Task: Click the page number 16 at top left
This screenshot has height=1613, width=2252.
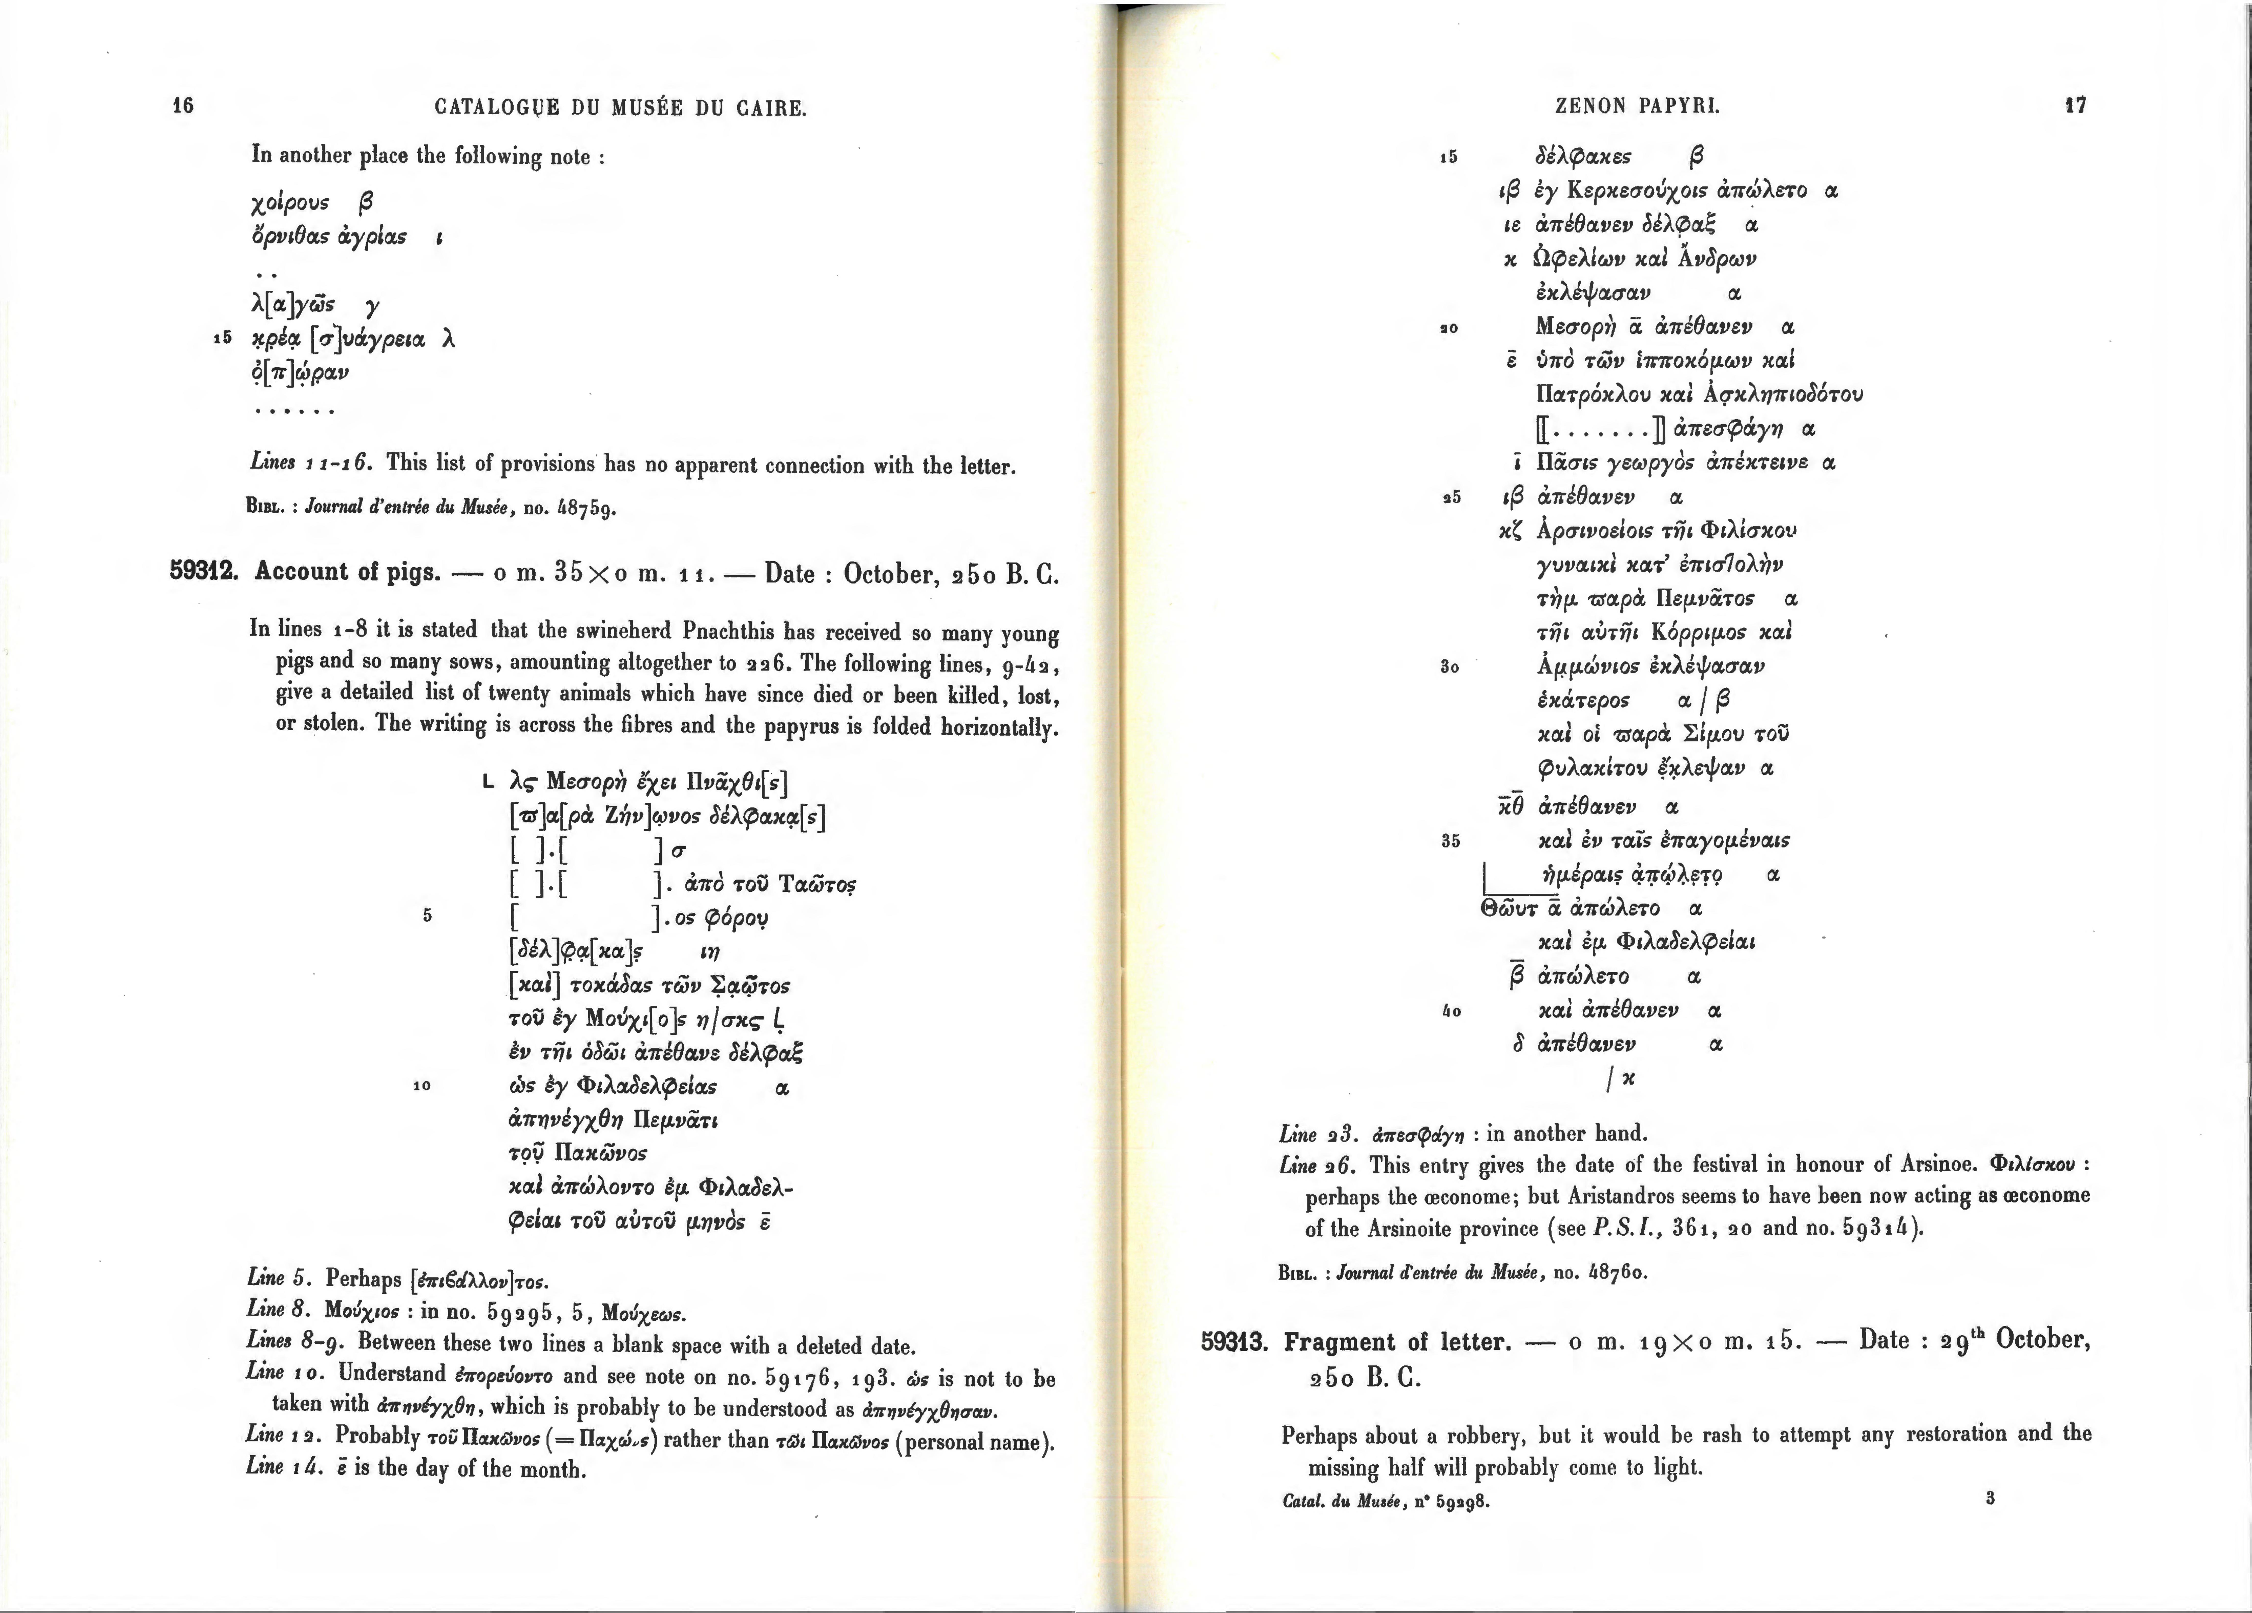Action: (x=183, y=105)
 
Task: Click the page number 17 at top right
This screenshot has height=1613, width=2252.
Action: (x=2075, y=105)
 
